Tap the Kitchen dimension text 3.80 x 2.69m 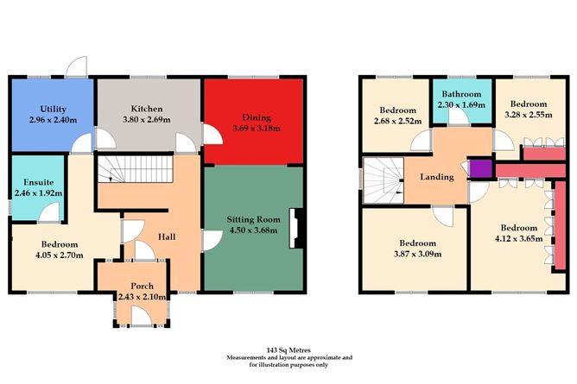click(143, 121)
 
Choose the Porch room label click(142, 286)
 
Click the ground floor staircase click(134, 171)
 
